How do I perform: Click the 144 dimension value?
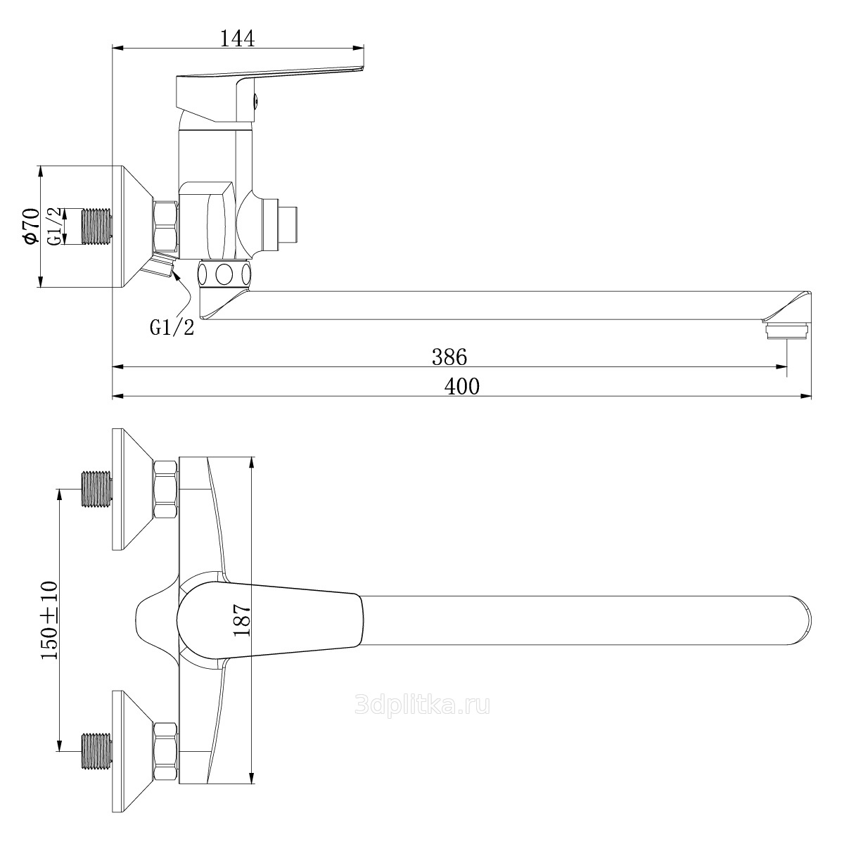pyautogui.click(x=237, y=39)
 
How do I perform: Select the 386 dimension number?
pyautogui.click(x=449, y=357)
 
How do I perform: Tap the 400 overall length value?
pyautogui.click(x=462, y=386)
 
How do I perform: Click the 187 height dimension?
pyautogui.click(x=241, y=620)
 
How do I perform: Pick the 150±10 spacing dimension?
pyautogui.click(x=49, y=620)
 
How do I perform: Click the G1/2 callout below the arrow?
pyautogui.click(x=172, y=327)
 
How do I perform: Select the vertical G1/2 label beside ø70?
pyautogui.click(x=53, y=226)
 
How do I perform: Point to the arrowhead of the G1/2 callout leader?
pyautogui.click(x=175, y=274)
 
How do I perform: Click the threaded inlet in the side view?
pyautogui.click(x=97, y=226)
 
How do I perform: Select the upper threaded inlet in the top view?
pyautogui.click(x=97, y=490)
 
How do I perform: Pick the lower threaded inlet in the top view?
pyautogui.click(x=97, y=751)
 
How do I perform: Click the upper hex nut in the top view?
pyautogui.click(x=166, y=490)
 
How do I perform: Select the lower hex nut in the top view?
pyautogui.click(x=166, y=751)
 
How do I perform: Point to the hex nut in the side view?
pyautogui.click(x=166, y=226)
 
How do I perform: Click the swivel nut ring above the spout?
pyautogui.click(x=224, y=274)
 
